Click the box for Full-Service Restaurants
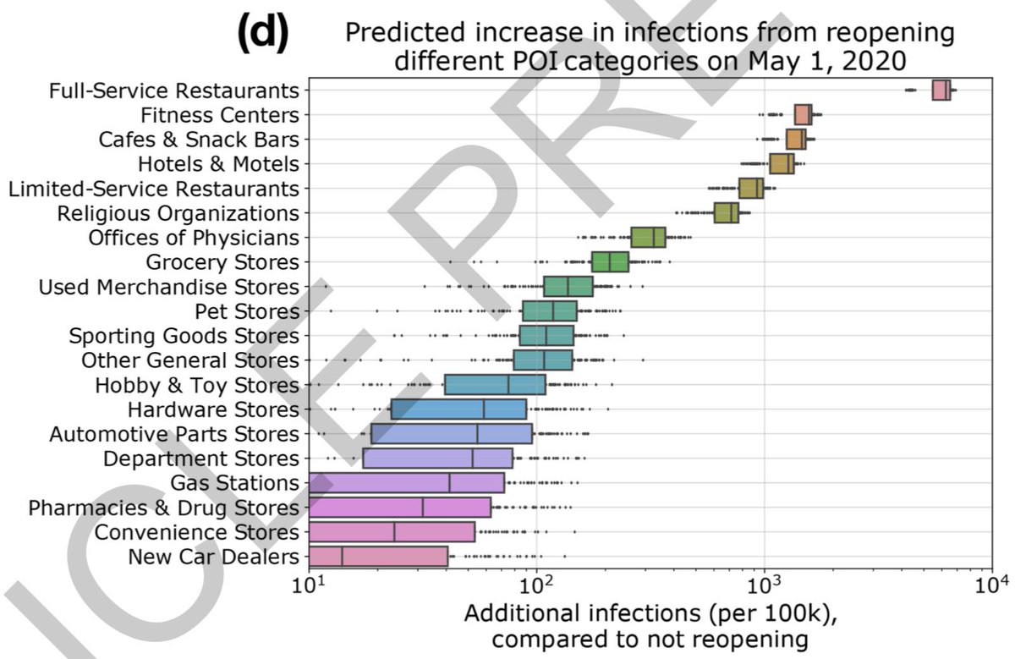tap(941, 91)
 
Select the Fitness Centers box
tap(803, 115)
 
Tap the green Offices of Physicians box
tap(648, 238)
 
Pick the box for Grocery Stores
tap(610, 262)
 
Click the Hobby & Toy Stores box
tap(495, 385)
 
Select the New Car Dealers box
tap(378, 557)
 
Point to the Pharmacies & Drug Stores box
tap(399, 508)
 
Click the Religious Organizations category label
tap(178, 213)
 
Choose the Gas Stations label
tap(234, 483)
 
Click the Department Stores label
tap(200, 459)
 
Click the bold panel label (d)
tap(264, 36)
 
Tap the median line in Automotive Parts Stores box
tap(477, 434)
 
